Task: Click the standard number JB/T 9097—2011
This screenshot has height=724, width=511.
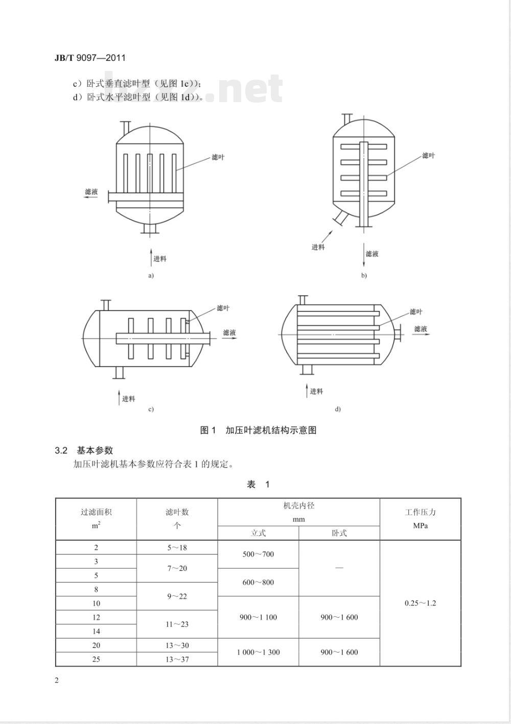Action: (89, 58)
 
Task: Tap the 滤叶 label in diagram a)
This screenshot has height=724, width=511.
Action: (218, 157)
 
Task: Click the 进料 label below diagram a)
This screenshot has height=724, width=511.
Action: (160, 259)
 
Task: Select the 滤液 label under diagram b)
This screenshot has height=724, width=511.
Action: (372, 254)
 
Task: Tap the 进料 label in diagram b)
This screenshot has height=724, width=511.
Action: (318, 247)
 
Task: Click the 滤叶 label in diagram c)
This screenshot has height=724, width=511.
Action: (223, 308)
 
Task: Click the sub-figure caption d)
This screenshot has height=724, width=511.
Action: (338, 409)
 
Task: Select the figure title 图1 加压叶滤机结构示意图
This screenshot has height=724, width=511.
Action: (258, 430)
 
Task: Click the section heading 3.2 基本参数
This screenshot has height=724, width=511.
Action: (84, 450)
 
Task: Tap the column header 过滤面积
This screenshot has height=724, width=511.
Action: (96, 512)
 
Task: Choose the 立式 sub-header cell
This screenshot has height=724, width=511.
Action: (258, 533)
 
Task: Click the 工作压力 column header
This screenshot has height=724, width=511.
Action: (420, 512)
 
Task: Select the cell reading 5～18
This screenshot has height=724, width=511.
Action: (177, 547)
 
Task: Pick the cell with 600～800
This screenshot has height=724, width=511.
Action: (258, 582)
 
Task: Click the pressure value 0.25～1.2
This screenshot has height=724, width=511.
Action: (420, 603)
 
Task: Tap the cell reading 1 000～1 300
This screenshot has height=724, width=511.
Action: (258, 652)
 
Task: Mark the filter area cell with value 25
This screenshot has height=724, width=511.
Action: (96, 659)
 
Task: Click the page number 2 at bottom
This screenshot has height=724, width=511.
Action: (57, 680)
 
